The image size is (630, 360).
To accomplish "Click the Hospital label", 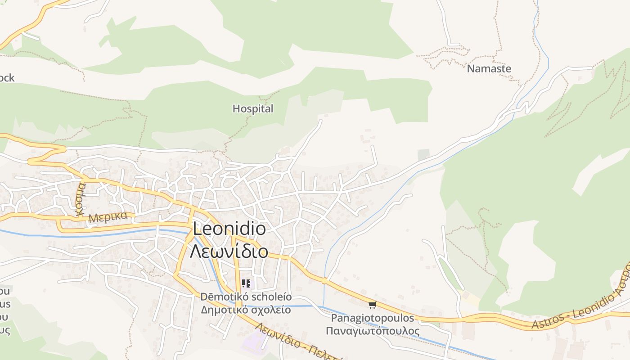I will pyautogui.click(x=252, y=108).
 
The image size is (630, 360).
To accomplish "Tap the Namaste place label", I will pyautogui.click(x=489, y=69).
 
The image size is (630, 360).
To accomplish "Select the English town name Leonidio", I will pyautogui.click(x=229, y=229).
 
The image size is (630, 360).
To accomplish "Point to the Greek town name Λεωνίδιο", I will pyautogui.click(x=229, y=251).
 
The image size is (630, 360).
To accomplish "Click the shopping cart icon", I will pyautogui.click(x=372, y=305).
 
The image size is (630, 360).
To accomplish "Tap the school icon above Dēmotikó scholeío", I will pyautogui.click(x=246, y=283).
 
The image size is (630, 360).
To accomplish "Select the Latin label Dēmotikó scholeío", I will pyautogui.click(x=246, y=297).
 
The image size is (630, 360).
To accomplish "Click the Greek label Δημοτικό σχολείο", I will pyautogui.click(x=246, y=310).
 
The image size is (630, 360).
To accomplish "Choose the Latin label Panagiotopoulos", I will pyautogui.click(x=372, y=318).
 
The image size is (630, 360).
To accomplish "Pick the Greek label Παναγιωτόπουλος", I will pyautogui.click(x=372, y=331).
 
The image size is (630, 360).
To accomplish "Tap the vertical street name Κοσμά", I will pyautogui.click(x=81, y=199).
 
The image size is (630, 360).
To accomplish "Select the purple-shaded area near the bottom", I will pyautogui.click(x=255, y=342).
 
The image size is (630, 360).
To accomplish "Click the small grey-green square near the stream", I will pyautogui.click(x=423, y=154).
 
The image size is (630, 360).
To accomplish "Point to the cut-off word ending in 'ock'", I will pyautogui.click(x=7, y=78).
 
